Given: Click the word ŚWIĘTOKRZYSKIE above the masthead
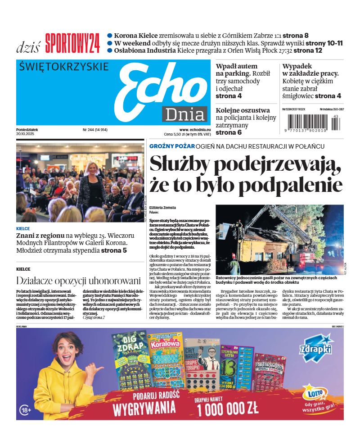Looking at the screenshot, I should tap(64, 67).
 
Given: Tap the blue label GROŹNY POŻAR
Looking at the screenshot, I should tap(172, 146).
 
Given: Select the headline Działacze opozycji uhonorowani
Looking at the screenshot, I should tap(78, 281).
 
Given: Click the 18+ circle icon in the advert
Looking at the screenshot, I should tap(26, 410).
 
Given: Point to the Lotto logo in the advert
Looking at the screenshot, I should tap(315, 392).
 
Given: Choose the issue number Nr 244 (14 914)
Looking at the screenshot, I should tap(95, 130).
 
